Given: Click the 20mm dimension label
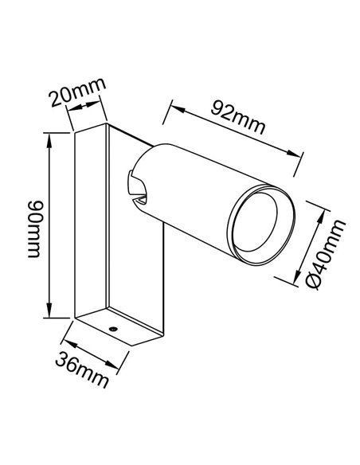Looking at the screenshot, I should pyautogui.click(x=76, y=97).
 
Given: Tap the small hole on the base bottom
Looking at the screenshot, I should pyautogui.click(x=113, y=328).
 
